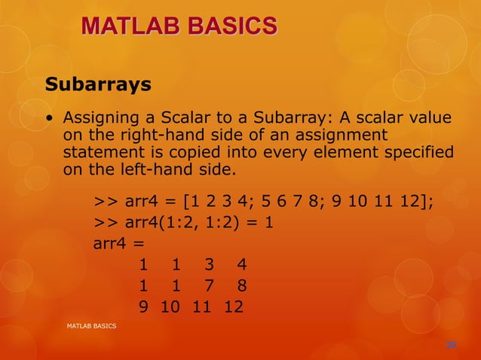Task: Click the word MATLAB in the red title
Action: pyautogui.click(x=131, y=28)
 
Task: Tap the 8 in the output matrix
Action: pyautogui.click(x=240, y=286)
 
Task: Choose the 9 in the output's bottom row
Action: pyautogui.click(x=142, y=307)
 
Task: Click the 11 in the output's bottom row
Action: pyautogui.click(x=201, y=307)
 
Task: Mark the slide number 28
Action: pyautogui.click(x=451, y=344)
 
